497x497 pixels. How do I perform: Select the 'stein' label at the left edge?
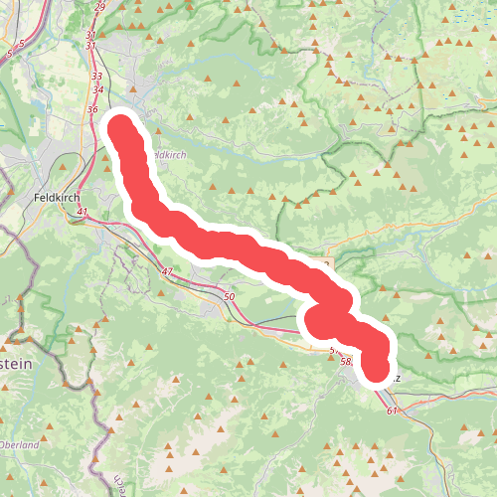pos(18,365)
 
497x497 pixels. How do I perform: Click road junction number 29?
pos(99,8)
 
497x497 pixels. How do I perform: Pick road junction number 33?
pos(96,76)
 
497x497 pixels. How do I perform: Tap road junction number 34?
pos(96,89)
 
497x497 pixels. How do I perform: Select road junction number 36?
pos(92,109)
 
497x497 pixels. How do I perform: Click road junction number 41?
pos(82,212)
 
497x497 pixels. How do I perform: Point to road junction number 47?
pos(166,271)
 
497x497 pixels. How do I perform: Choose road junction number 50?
pos(229,296)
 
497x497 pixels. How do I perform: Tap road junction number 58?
pos(346,362)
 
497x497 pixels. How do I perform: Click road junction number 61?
pos(392,411)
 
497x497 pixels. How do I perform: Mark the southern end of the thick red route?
pos(378,370)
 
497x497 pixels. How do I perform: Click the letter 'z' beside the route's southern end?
pos(398,378)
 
